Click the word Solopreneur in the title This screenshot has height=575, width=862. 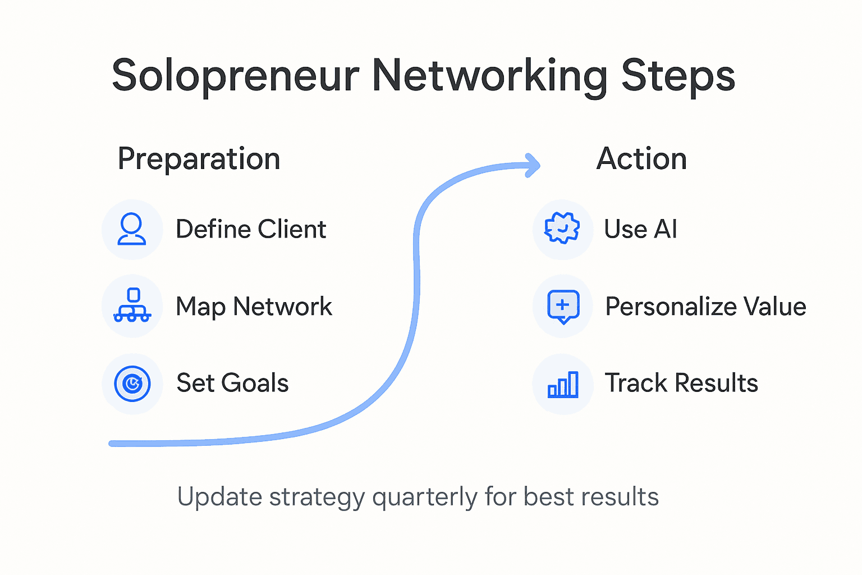pos(236,76)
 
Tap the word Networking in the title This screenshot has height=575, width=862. pos(489,76)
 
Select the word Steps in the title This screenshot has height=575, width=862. pos(678,76)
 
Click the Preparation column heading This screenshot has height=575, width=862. pos(199,159)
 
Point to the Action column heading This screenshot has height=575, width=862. pos(641,159)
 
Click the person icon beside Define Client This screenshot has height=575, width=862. pos(132,229)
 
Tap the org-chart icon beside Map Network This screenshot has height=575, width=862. pos(132,306)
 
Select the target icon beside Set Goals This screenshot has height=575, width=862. pos(132,384)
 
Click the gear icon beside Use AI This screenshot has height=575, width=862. pos(562,229)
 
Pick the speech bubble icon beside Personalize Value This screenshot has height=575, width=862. pos(563,307)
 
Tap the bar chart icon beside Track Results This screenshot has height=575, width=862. pos(563,385)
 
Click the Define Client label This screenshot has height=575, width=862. pos(251,230)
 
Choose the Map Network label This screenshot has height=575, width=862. pos(254,307)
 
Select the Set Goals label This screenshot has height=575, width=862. pos(232,384)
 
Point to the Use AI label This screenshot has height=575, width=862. pos(640,230)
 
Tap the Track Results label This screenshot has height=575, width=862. pos(681,384)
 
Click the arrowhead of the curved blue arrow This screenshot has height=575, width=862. pos(532,165)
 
